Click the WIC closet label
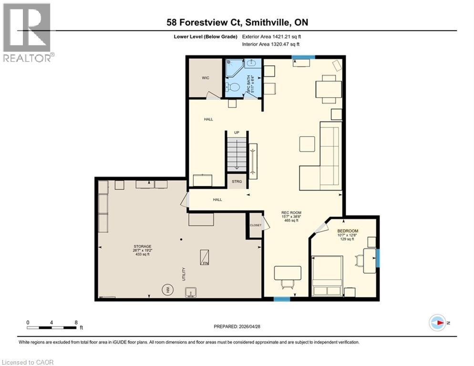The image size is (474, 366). coord(206,78)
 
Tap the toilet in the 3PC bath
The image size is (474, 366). coord(233,88)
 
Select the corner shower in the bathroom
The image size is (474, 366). coord(235,68)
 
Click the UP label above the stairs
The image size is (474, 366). coord(237,132)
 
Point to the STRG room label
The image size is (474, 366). coord(237,182)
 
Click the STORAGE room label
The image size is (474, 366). coord(142,246)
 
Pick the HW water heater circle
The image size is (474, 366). coord(168,288)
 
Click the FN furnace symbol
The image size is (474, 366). coord(205,257)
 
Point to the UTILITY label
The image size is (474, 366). coord(184,274)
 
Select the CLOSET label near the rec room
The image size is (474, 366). coord(256,225)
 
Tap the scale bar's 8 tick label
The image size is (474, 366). coord(76,322)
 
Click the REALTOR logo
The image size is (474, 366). coord(27,32)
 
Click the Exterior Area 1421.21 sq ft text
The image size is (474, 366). coord(272,36)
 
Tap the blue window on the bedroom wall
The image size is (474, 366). coord(378,257)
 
